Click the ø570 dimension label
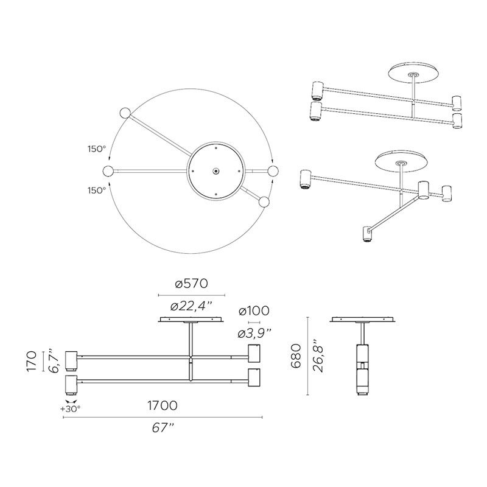pos(191,284)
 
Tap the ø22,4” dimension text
pos(191,307)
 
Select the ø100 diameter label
pos(254,311)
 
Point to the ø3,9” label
pos(254,334)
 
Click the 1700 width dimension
pos(163,405)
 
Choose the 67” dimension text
pos(163,428)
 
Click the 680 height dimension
pos(296,356)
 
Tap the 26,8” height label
pos(318,356)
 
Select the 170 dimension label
pos(32,361)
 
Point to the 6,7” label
pos(54,361)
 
